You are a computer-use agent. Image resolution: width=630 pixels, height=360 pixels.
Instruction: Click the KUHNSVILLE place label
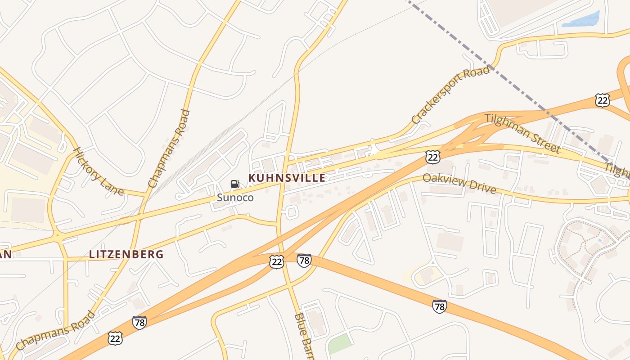(x=287, y=178)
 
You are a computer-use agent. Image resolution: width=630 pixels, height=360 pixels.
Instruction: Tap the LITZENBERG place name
(x=126, y=254)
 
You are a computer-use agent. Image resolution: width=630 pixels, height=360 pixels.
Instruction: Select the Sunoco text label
(x=235, y=198)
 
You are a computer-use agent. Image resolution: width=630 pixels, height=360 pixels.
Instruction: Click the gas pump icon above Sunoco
(x=235, y=184)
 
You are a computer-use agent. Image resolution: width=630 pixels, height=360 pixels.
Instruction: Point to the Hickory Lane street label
(x=98, y=171)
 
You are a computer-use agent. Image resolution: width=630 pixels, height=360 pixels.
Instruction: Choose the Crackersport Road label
(x=450, y=95)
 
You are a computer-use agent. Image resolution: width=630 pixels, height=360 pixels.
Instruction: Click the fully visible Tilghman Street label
(x=522, y=133)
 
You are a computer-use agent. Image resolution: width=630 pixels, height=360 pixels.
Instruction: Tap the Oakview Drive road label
(x=459, y=184)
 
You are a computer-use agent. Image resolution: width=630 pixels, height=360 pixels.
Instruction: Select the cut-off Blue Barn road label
(x=303, y=335)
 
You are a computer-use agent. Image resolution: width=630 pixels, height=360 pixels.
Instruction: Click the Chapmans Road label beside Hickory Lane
(x=169, y=148)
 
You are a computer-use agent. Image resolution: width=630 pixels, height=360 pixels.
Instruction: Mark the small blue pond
(x=581, y=20)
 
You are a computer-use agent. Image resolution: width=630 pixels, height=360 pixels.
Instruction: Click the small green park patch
(x=339, y=344)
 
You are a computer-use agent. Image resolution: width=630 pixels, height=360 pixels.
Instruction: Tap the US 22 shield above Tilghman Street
(x=602, y=100)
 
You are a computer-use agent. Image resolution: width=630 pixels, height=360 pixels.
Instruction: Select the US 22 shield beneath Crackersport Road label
(x=432, y=157)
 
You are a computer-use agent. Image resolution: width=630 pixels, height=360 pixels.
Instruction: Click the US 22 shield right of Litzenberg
(x=277, y=261)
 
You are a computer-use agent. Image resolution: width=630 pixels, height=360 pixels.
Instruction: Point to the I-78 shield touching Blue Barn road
(x=304, y=260)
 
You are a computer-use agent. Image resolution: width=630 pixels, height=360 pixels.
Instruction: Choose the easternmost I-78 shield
(x=439, y=306)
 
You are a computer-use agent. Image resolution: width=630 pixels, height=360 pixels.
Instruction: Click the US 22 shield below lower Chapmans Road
(x=115, y=338)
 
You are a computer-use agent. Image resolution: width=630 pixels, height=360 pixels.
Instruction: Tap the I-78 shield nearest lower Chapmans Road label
(x=139, y=323)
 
